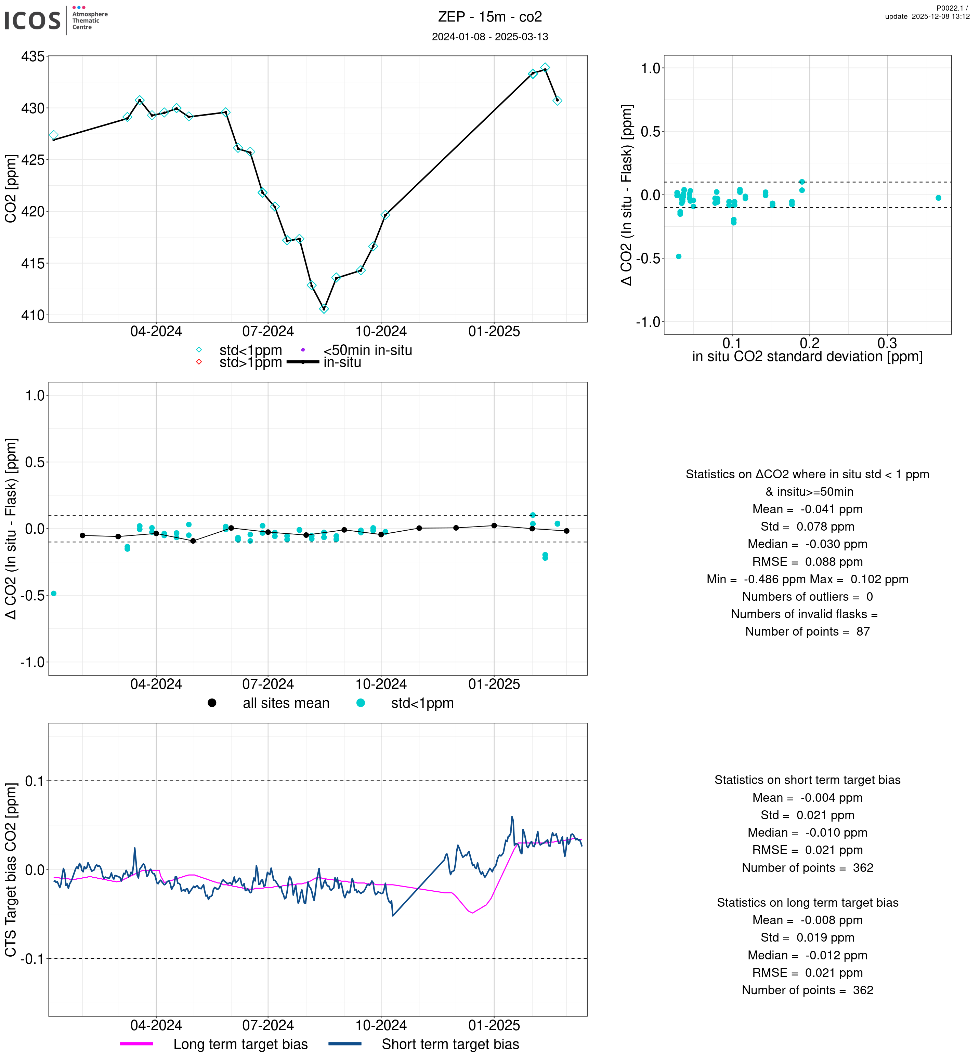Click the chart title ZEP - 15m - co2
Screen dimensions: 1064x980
[489, 17]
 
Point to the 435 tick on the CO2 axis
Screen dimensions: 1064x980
[32, 56]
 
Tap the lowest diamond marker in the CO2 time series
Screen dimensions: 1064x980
[324, 309]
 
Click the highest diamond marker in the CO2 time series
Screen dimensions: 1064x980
[545, 68]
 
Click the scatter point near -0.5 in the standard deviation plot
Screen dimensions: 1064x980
[679, 256]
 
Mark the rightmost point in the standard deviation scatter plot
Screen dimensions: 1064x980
[939, 198]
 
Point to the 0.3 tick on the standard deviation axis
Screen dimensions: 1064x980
[887, 343]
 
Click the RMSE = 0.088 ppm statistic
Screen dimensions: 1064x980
[807, 562]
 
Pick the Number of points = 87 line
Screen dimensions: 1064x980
[807, 631]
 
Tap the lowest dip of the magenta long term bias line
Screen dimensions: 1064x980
[472, 913]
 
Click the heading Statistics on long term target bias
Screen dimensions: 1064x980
[807, 902]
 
